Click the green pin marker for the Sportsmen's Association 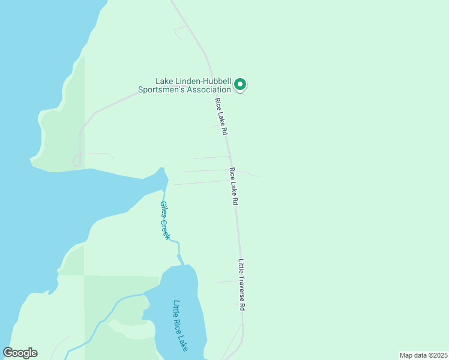tap(240, 85)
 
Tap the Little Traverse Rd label tap(243, 284)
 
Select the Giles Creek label tap(164, 220)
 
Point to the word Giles tap(162, 211)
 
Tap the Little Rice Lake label tap(181, 326)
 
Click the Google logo tap(20, 353)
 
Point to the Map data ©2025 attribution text tap(423, 355)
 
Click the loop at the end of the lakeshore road tap(76, 160)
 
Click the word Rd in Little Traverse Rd tap(244, 306)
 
